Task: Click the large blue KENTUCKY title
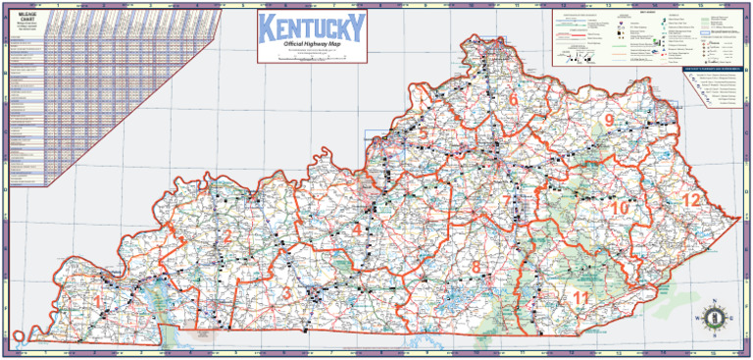(312, 28)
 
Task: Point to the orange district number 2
(226, 234)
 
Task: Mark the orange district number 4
(357, 230)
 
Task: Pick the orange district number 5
(423, 134)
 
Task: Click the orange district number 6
(513, 100)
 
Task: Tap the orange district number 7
(507, 202)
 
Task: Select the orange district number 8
(477, 266)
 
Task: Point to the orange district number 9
(609, 120)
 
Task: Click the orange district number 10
(619, 208)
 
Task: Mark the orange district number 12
(692, 200)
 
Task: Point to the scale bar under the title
(312, 60)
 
